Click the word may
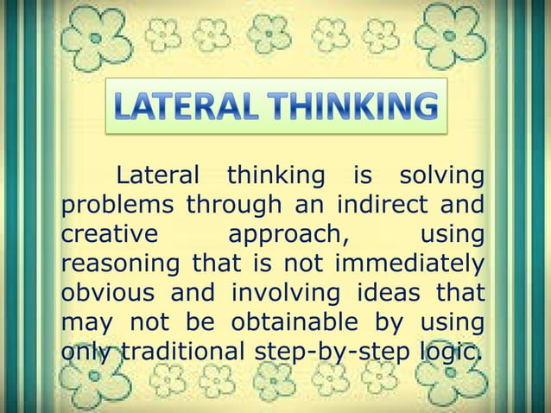(x=85, y=323)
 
